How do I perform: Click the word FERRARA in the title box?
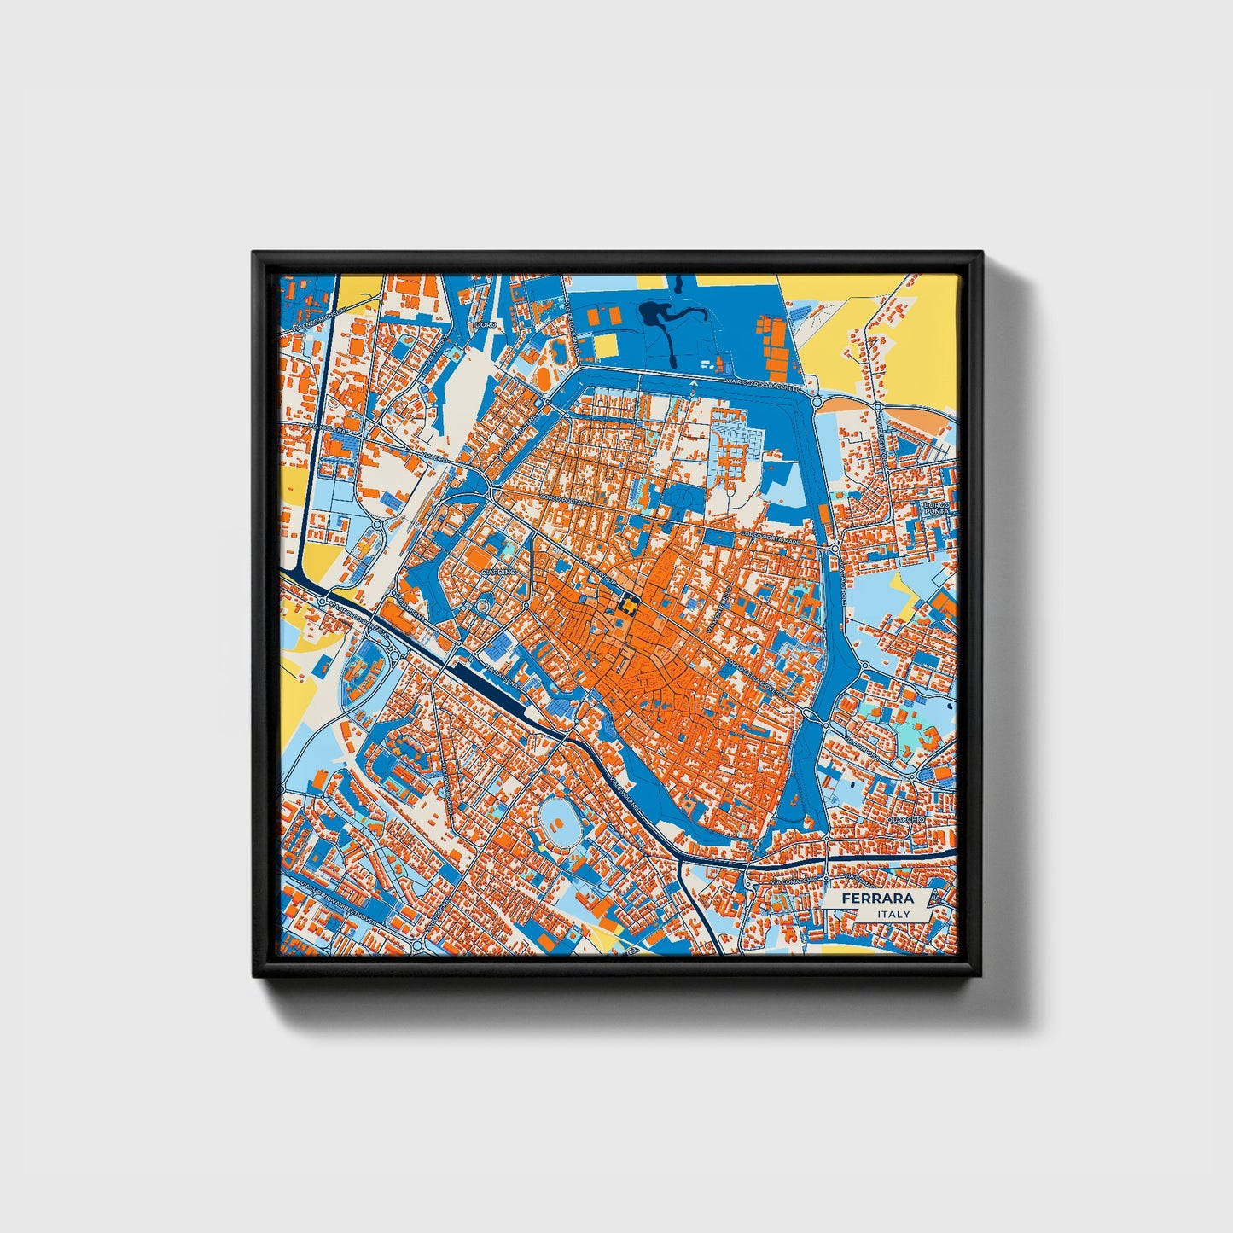[877, 899]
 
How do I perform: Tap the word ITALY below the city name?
[893, 914]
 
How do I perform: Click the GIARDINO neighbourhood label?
[498, 570]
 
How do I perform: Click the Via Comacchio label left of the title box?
[794, 880]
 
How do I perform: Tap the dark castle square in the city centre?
[627, 607]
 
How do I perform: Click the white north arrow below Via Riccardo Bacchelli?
[693, 385]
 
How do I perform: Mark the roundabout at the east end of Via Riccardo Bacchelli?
[817, 401]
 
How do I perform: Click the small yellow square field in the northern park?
[606, 345]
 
